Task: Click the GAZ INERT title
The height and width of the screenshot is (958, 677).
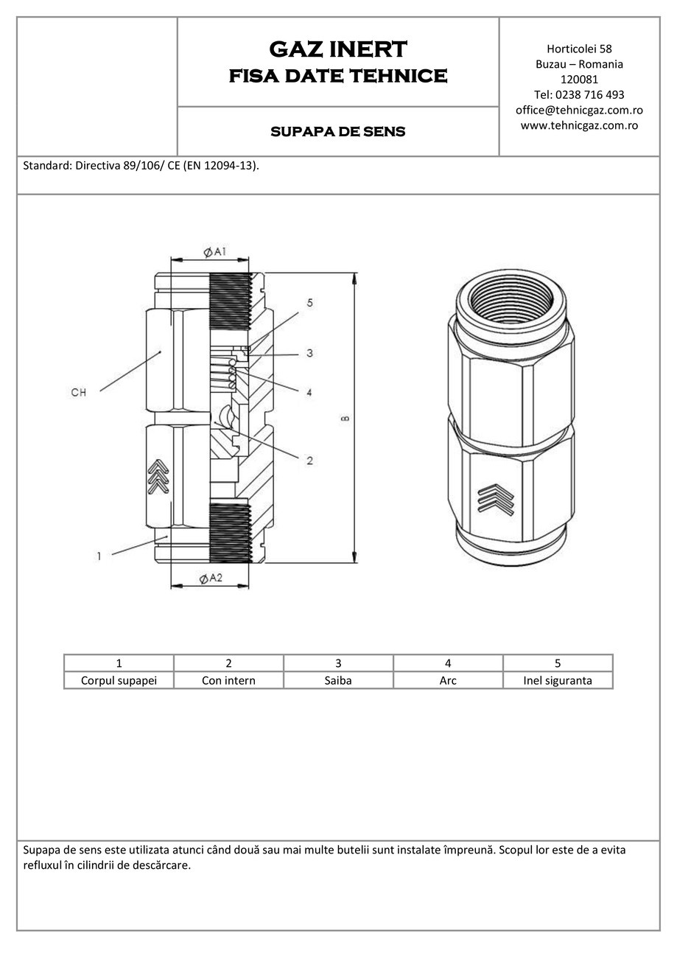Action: [337, 49]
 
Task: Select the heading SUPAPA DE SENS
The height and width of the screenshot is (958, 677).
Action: [337, 132]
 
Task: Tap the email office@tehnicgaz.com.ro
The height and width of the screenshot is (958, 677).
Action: [579, 110]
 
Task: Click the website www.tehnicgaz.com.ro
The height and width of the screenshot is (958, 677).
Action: [579, 125]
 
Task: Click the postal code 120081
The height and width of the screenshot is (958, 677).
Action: [579, 80]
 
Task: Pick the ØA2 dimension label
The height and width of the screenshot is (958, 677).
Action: [211, 578]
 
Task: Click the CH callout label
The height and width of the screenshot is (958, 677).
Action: [78, 393]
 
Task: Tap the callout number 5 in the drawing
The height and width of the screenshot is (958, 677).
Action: [309, 303]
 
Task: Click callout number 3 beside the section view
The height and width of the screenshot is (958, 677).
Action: [309, 354]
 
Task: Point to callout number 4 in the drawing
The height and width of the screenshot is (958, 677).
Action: [309, 393]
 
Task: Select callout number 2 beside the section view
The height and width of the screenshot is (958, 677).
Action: [309, 461]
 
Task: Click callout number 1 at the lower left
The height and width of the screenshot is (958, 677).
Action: [99, 556]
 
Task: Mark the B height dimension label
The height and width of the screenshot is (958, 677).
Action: [345, 419]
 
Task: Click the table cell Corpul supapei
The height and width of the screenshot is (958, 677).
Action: [119, 680]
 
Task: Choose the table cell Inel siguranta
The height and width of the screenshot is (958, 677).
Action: [557, 680]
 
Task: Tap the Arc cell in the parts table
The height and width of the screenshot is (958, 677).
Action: [448, 680]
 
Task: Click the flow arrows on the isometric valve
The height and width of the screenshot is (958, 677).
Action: [494, 499]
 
